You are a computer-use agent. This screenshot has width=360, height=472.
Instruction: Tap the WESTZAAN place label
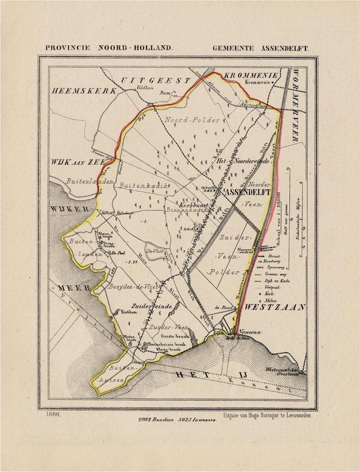point(275,308)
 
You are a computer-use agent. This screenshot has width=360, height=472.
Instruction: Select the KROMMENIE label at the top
point(251,75)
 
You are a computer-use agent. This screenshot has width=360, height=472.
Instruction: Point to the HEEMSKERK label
point(84,91)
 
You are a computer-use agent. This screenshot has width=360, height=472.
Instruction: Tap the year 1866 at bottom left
point(53,414)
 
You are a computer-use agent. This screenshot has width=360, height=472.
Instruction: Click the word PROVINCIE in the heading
point(68,48)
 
